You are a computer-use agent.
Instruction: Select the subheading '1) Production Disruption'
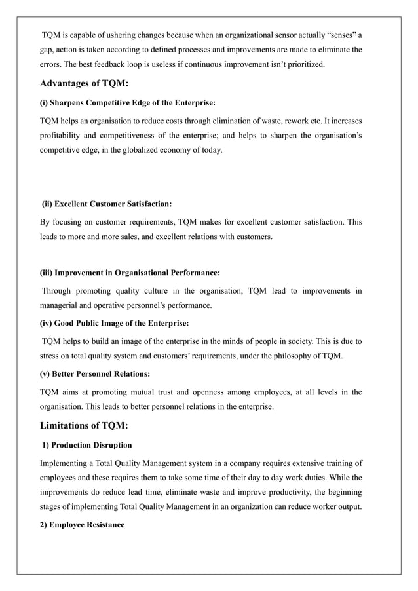pos(86,446)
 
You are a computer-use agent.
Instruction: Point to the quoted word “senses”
pos(336,34)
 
